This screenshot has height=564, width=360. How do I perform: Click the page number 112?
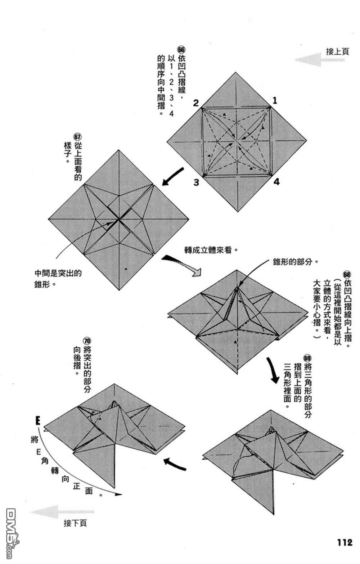(345, 542)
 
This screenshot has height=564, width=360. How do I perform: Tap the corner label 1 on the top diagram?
(275, 100)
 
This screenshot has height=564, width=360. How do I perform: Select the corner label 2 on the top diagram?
(195, 103)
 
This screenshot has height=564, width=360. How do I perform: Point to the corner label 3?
(196, 182)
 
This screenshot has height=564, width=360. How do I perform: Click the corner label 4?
(276, 182)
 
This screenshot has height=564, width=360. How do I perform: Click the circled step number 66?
(181, 49)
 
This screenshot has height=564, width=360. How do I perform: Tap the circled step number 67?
(77, 137)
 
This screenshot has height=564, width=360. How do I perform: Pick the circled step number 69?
(307, 358)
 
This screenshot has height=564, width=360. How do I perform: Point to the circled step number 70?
(87, 341)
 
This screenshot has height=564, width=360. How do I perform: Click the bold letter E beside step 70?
(37, 420)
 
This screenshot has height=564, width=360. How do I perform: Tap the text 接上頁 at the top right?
(337, 51)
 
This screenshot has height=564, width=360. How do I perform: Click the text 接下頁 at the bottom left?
(75, 523)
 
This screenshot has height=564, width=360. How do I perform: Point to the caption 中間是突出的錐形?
(58, 278)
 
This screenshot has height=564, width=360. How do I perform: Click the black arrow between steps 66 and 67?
(174, 176)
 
